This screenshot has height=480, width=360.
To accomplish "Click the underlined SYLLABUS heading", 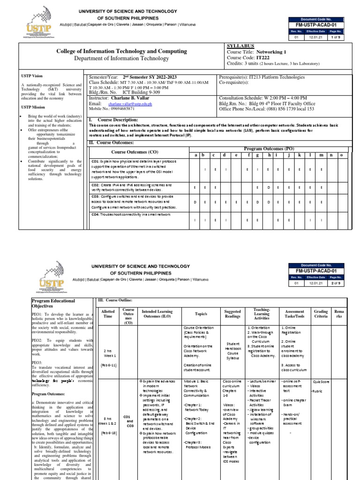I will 240,46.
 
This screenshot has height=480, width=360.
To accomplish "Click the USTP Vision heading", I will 32,75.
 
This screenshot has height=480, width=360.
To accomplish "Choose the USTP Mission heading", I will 33,107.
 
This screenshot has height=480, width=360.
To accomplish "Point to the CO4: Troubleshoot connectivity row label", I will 131,214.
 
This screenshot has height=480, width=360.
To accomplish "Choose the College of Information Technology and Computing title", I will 121,51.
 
